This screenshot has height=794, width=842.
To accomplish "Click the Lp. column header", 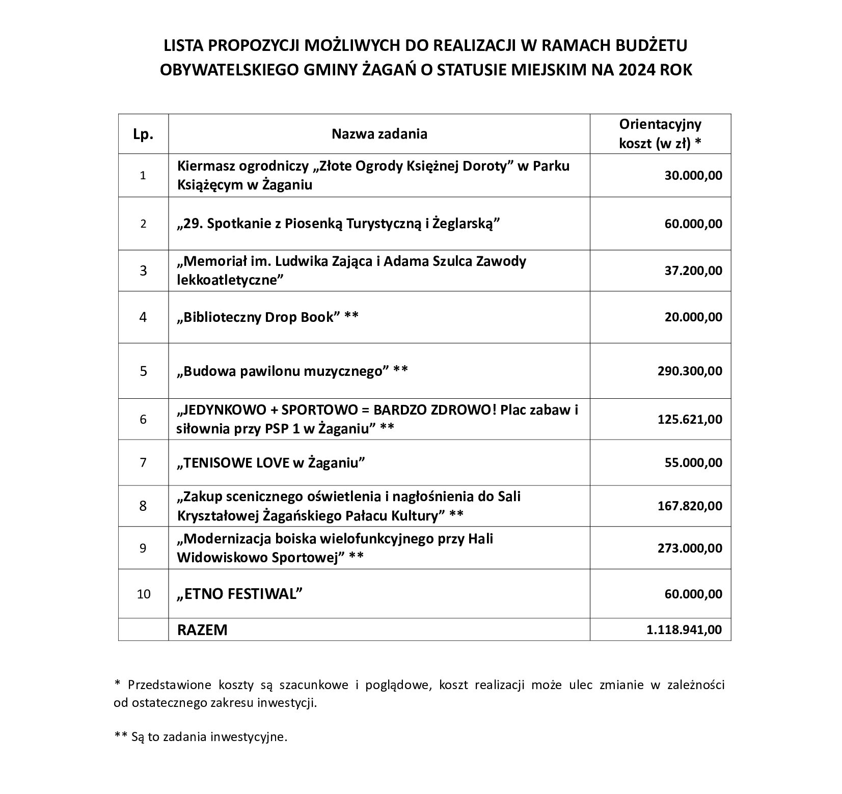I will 143,135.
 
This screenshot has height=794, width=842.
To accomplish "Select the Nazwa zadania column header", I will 379,134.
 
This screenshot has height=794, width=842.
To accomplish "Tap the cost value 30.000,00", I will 693,176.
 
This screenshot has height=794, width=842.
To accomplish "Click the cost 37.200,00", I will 693,270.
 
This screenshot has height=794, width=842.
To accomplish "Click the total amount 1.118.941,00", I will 684,629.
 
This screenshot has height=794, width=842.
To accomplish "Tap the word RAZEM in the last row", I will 202,630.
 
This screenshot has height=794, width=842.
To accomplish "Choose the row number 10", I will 144,594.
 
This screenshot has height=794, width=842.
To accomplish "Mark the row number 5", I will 143,371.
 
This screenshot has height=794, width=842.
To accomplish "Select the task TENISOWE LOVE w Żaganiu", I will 271,462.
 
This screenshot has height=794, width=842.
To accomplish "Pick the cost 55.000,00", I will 693,462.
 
